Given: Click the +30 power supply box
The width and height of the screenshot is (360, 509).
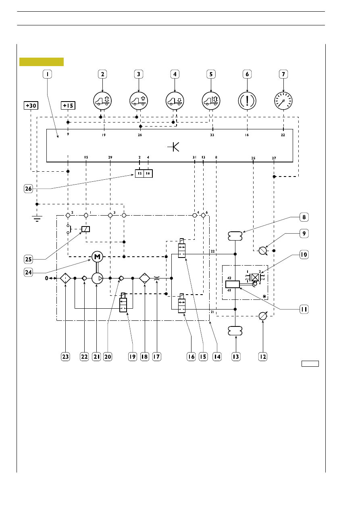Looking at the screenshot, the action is click(31, 106).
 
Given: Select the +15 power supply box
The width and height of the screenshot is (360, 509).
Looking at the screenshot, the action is click(68, 106).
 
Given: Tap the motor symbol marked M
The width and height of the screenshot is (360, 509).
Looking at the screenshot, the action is click(97, 257).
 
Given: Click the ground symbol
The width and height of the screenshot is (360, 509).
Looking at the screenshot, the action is click(37, 218).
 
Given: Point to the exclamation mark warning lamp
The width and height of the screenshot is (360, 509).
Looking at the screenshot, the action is click(247, 101).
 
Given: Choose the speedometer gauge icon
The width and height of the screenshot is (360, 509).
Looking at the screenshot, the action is click(283, 101).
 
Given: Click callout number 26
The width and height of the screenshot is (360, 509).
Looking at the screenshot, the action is click(28, 189).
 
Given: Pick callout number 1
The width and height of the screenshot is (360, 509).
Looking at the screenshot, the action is click(47, 74).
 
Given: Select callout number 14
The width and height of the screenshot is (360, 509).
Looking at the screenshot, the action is click(217, 357).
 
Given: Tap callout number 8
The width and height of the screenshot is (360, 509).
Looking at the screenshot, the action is click(304, 217).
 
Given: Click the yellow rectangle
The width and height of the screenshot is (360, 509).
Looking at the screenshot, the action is click(42, 62).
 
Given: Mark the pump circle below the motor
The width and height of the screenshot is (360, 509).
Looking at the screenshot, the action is click(97, 278).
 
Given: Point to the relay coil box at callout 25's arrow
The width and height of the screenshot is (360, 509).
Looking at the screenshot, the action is click(86, 229).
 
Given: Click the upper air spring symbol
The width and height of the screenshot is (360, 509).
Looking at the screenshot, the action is click(235, 236).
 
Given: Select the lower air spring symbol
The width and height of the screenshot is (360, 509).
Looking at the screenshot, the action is click(235, 331).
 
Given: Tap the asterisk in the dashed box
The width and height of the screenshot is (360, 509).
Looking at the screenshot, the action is click(264, 296).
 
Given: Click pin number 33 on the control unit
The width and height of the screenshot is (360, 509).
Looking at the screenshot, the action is click(212, 135).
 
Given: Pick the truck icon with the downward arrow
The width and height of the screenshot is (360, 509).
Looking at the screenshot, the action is click(175, 101).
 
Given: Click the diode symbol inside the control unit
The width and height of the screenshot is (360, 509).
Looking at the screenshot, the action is click(173, 147).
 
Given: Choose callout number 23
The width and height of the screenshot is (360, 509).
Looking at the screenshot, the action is click(65, 357).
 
